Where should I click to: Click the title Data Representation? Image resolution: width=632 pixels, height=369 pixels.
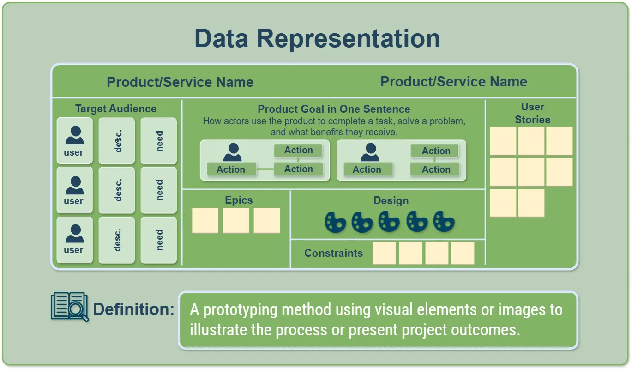click(317, 38)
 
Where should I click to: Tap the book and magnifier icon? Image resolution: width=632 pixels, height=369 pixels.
click(69, 307)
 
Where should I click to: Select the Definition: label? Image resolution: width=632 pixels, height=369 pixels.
click(134, 309)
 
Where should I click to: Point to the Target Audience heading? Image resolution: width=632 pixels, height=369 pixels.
click(116, 109)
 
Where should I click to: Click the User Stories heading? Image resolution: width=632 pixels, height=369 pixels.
click(532, 113)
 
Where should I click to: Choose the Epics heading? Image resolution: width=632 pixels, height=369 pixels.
click(239, 200)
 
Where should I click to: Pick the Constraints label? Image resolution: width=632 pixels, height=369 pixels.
click(333, 253)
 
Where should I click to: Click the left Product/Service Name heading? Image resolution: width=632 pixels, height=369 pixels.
click(180, 82)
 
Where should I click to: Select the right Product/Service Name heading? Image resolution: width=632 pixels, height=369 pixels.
click(453, 82)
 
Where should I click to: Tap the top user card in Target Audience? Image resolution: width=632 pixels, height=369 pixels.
click(74, 140)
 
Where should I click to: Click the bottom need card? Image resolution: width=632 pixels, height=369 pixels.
click(159, 240)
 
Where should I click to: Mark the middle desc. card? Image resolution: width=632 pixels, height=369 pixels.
click(117, 190)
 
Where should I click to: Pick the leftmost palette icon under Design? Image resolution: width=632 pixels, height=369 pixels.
click(335, 222)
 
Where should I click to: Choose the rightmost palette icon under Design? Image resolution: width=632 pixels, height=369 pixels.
click(444, 222)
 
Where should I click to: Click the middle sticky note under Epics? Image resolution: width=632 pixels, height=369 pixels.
click(236, 220)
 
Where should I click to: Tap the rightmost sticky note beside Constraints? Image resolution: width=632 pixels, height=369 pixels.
click(463, 253)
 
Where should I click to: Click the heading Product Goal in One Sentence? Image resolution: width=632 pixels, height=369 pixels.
click(334, 109)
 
